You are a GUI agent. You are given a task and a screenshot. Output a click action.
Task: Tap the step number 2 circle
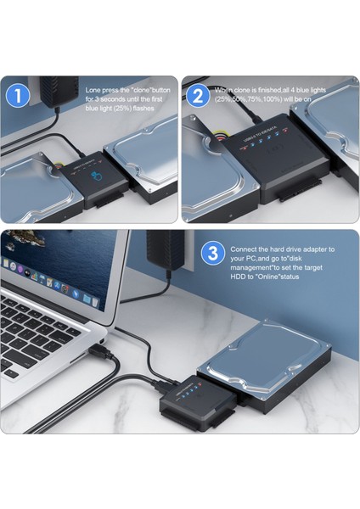point(197,96)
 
